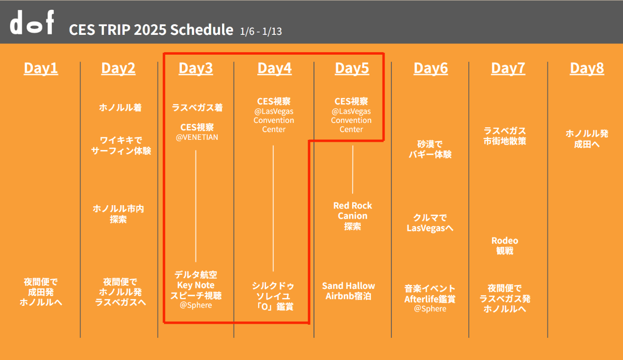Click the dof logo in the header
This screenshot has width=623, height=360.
[32, 22]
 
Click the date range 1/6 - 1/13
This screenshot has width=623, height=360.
[261, 31]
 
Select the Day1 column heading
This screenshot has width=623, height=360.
[41, 68]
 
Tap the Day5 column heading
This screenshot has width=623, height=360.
[352, 68]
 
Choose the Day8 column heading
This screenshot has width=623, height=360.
[587, 68]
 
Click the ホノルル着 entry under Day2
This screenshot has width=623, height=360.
[120, 107]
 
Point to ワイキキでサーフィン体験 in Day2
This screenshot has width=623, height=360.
[121, 145]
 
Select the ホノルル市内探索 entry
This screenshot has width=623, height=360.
[118, 214]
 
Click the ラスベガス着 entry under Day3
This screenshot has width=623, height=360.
[197, 107]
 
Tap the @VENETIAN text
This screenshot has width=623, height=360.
[197, 137]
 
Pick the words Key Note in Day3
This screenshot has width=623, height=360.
[196, 285]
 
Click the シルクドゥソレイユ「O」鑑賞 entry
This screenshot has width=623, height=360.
[273, 296]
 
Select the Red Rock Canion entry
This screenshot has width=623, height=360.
[353, 216]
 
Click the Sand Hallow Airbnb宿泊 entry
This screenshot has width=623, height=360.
[348, 291]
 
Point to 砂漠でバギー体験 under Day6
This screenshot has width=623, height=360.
[430, 149]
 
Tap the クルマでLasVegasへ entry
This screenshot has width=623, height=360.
[430, 223]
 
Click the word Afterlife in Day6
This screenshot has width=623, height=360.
[421, 299]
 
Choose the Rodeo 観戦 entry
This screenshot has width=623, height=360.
[505, 246]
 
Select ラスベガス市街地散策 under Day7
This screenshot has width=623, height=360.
[505, 136]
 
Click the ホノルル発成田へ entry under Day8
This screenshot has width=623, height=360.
[587, 139]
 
